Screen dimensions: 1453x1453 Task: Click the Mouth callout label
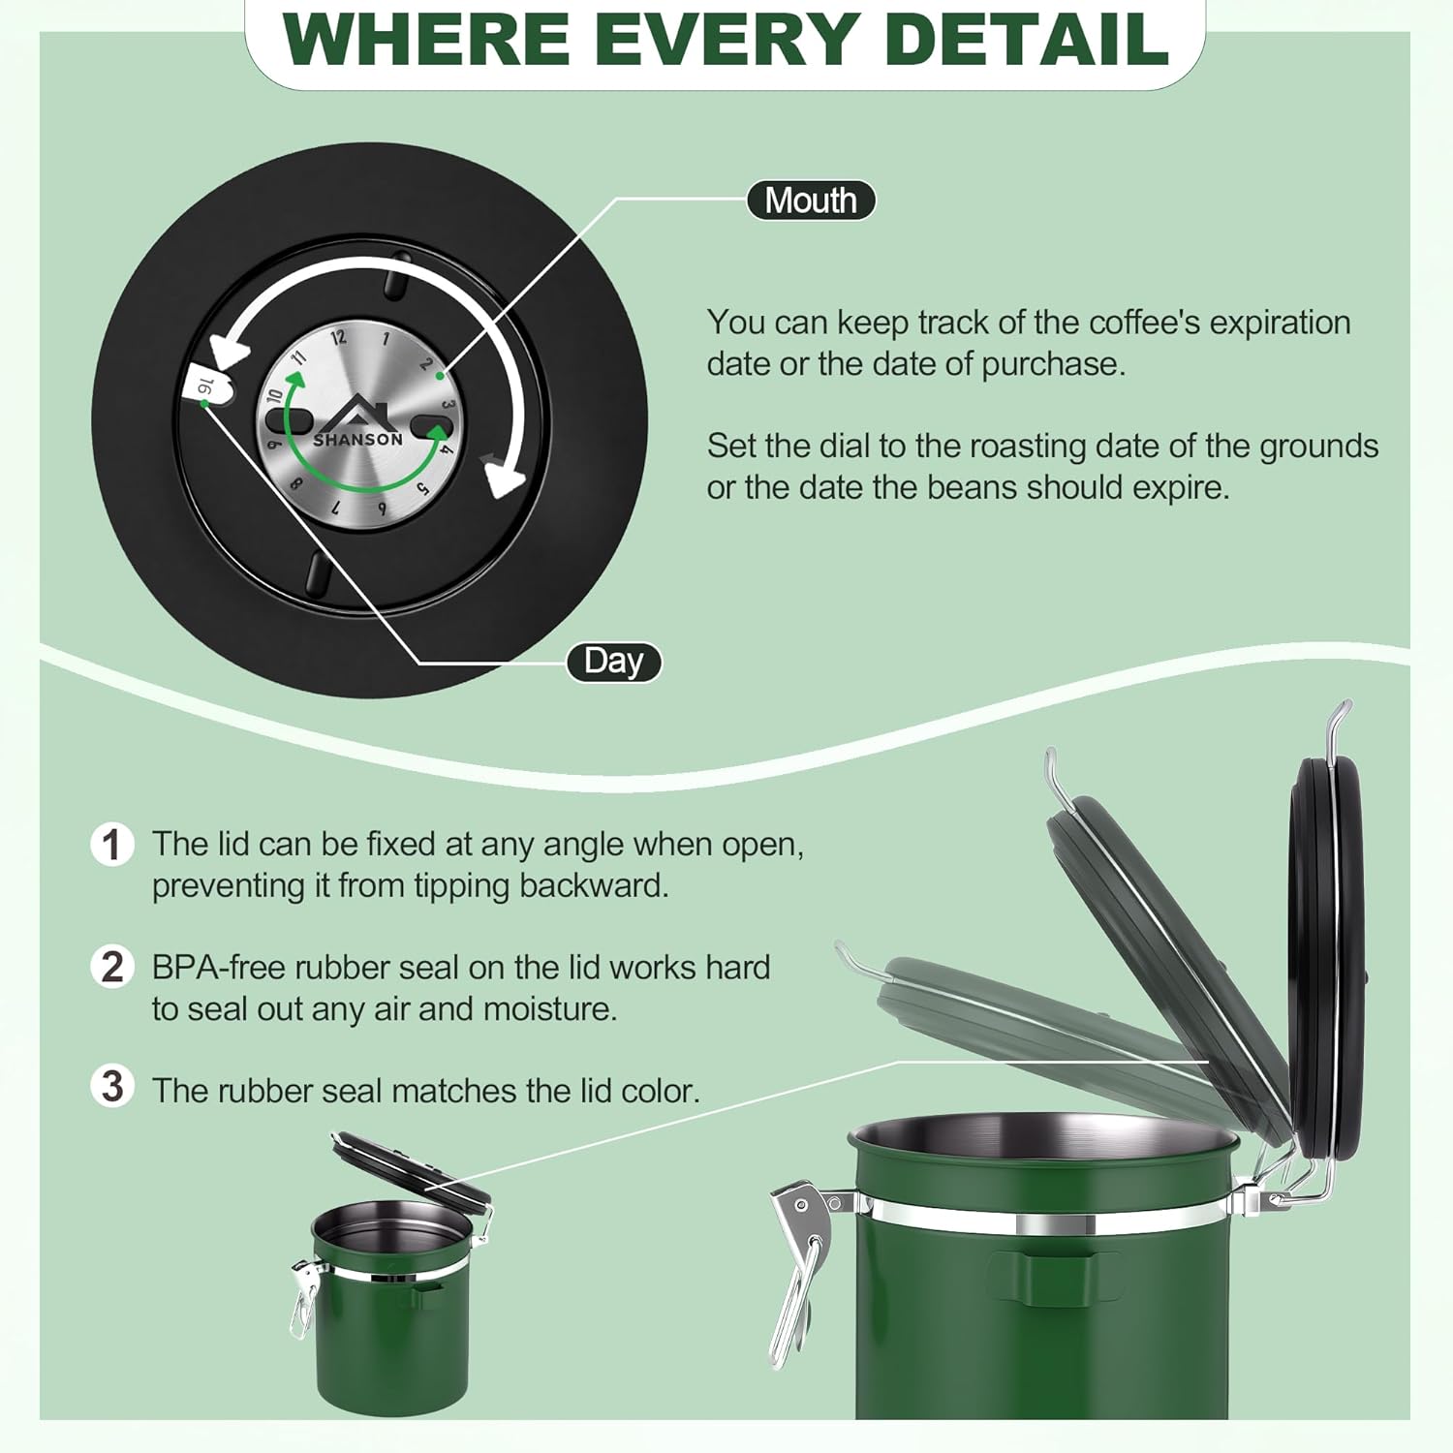tap(811, 201)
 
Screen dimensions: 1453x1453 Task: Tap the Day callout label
tap(614, 662)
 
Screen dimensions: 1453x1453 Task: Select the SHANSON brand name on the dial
tap(357, 440)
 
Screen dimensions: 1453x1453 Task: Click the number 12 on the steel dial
tap(337, 338)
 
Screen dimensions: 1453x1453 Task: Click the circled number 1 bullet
tap(112, 844)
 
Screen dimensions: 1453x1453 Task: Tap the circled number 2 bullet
tap(112, 967)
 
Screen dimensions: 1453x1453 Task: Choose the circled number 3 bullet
tap(112, 1087)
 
